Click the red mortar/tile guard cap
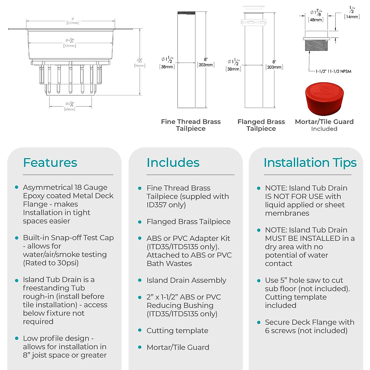[x=324, y=98]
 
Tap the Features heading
[x=50, y=162]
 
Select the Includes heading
[x=173, y=162]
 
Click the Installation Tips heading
[x=310, y=162]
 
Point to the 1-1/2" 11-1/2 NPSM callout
[x=333, y=71]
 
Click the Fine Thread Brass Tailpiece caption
[x=191, y=125]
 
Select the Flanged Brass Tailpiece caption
[x=261, y=125]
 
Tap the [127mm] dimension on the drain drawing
[x=73, y=23]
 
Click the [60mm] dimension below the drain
[x=70, y=109]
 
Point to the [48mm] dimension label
[x=316, y=20]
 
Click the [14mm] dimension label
[x=352, y=17]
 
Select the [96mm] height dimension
[x=140, y=65]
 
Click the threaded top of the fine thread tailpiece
[x=186, y=13]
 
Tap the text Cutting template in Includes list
[x=177, y=331]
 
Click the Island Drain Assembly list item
[x=186, y=280]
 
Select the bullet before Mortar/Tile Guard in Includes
[x=140, y=347]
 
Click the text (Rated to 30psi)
[x=51, y=263]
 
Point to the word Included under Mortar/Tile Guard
[x=324, y=129]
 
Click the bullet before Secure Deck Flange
[x=259, y=322]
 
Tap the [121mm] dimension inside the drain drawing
[x=70, y=46]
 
